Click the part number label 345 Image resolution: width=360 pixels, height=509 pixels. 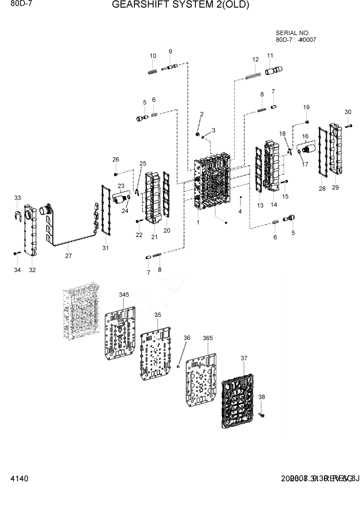(x=124, y=295)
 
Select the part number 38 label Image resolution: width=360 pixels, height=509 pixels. (x=262, y=397)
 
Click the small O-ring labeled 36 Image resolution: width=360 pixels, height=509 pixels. (x=177, y=366)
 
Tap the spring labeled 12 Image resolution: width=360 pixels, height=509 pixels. (x=253, y=76)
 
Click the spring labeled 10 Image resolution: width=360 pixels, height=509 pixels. (x=152, y=71)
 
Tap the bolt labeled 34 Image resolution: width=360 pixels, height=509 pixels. (x=16, y=253)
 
